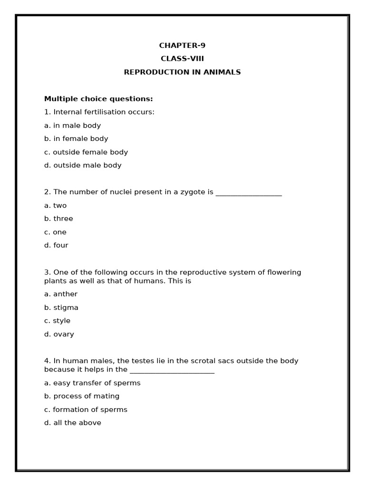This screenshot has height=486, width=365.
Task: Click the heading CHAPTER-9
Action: tap(182, 46)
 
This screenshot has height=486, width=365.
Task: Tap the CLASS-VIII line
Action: tap(182, 59)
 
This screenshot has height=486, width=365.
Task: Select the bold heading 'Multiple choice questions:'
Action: tap(98, 99)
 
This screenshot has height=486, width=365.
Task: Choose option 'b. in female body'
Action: tap(76, 139)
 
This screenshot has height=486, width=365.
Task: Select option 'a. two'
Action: tap(56, 206)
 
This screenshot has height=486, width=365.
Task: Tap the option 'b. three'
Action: tap(58, 219)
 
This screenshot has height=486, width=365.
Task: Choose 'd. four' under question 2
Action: tap(56, 245)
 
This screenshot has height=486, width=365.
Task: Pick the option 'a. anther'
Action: tap(61, 294)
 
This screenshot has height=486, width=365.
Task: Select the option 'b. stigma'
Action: tap(61, 308)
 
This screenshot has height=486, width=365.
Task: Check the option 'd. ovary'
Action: tap(59, 334)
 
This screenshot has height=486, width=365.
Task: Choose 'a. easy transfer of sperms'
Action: tap(92, 383)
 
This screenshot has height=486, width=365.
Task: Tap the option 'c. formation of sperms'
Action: tap(86, 410)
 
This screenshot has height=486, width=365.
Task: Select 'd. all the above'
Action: tap(73, 423)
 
